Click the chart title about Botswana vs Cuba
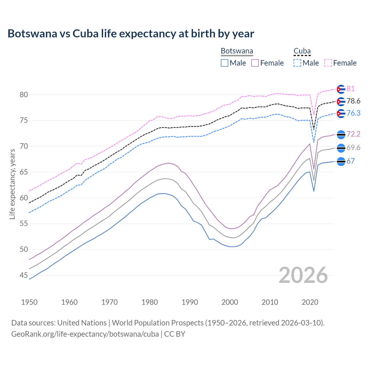coord(131,34)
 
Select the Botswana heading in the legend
coord(237,51)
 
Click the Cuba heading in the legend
coord(302,51)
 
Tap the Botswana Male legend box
coord(225,63)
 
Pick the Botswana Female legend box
coord(255,63)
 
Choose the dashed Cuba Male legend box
coord(297,63)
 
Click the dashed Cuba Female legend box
coord(328,63)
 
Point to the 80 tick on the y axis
coord(24,95)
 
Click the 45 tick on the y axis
coord(24,275)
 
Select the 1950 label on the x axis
coord(30,302)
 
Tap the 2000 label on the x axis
coord(230,302)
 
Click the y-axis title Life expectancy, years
coord(12,184)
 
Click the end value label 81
coord(350,89)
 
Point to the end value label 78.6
coord(353,101)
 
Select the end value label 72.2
coord(353,134)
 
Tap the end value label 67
coord(350,161)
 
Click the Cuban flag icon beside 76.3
coord(341,114)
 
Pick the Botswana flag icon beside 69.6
coord(341,148)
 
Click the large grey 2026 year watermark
coord(303,275)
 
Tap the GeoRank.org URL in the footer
coord(85,334)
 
